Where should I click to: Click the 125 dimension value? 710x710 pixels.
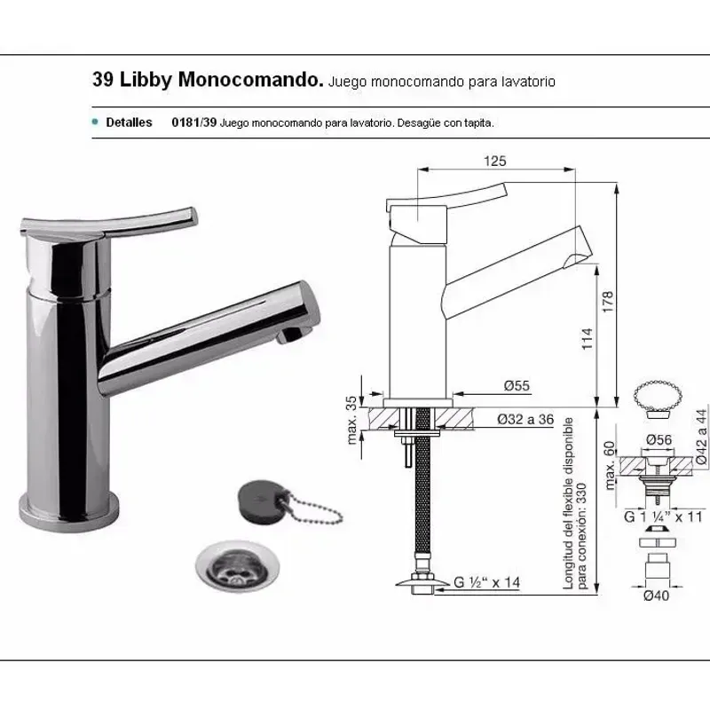point(495,161)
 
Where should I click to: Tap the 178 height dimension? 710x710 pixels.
point(608,301)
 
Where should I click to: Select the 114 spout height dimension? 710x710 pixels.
point(587,338)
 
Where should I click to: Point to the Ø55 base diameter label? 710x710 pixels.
point(517,385)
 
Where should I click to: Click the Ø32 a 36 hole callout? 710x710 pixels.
point(525,419)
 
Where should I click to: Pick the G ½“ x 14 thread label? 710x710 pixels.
point(486,582)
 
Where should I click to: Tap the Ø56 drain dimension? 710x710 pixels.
point(659,439)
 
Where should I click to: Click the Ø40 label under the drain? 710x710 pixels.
point(656,596)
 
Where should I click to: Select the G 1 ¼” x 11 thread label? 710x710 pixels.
point(663,517)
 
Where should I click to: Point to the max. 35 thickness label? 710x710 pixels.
point(351,420)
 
